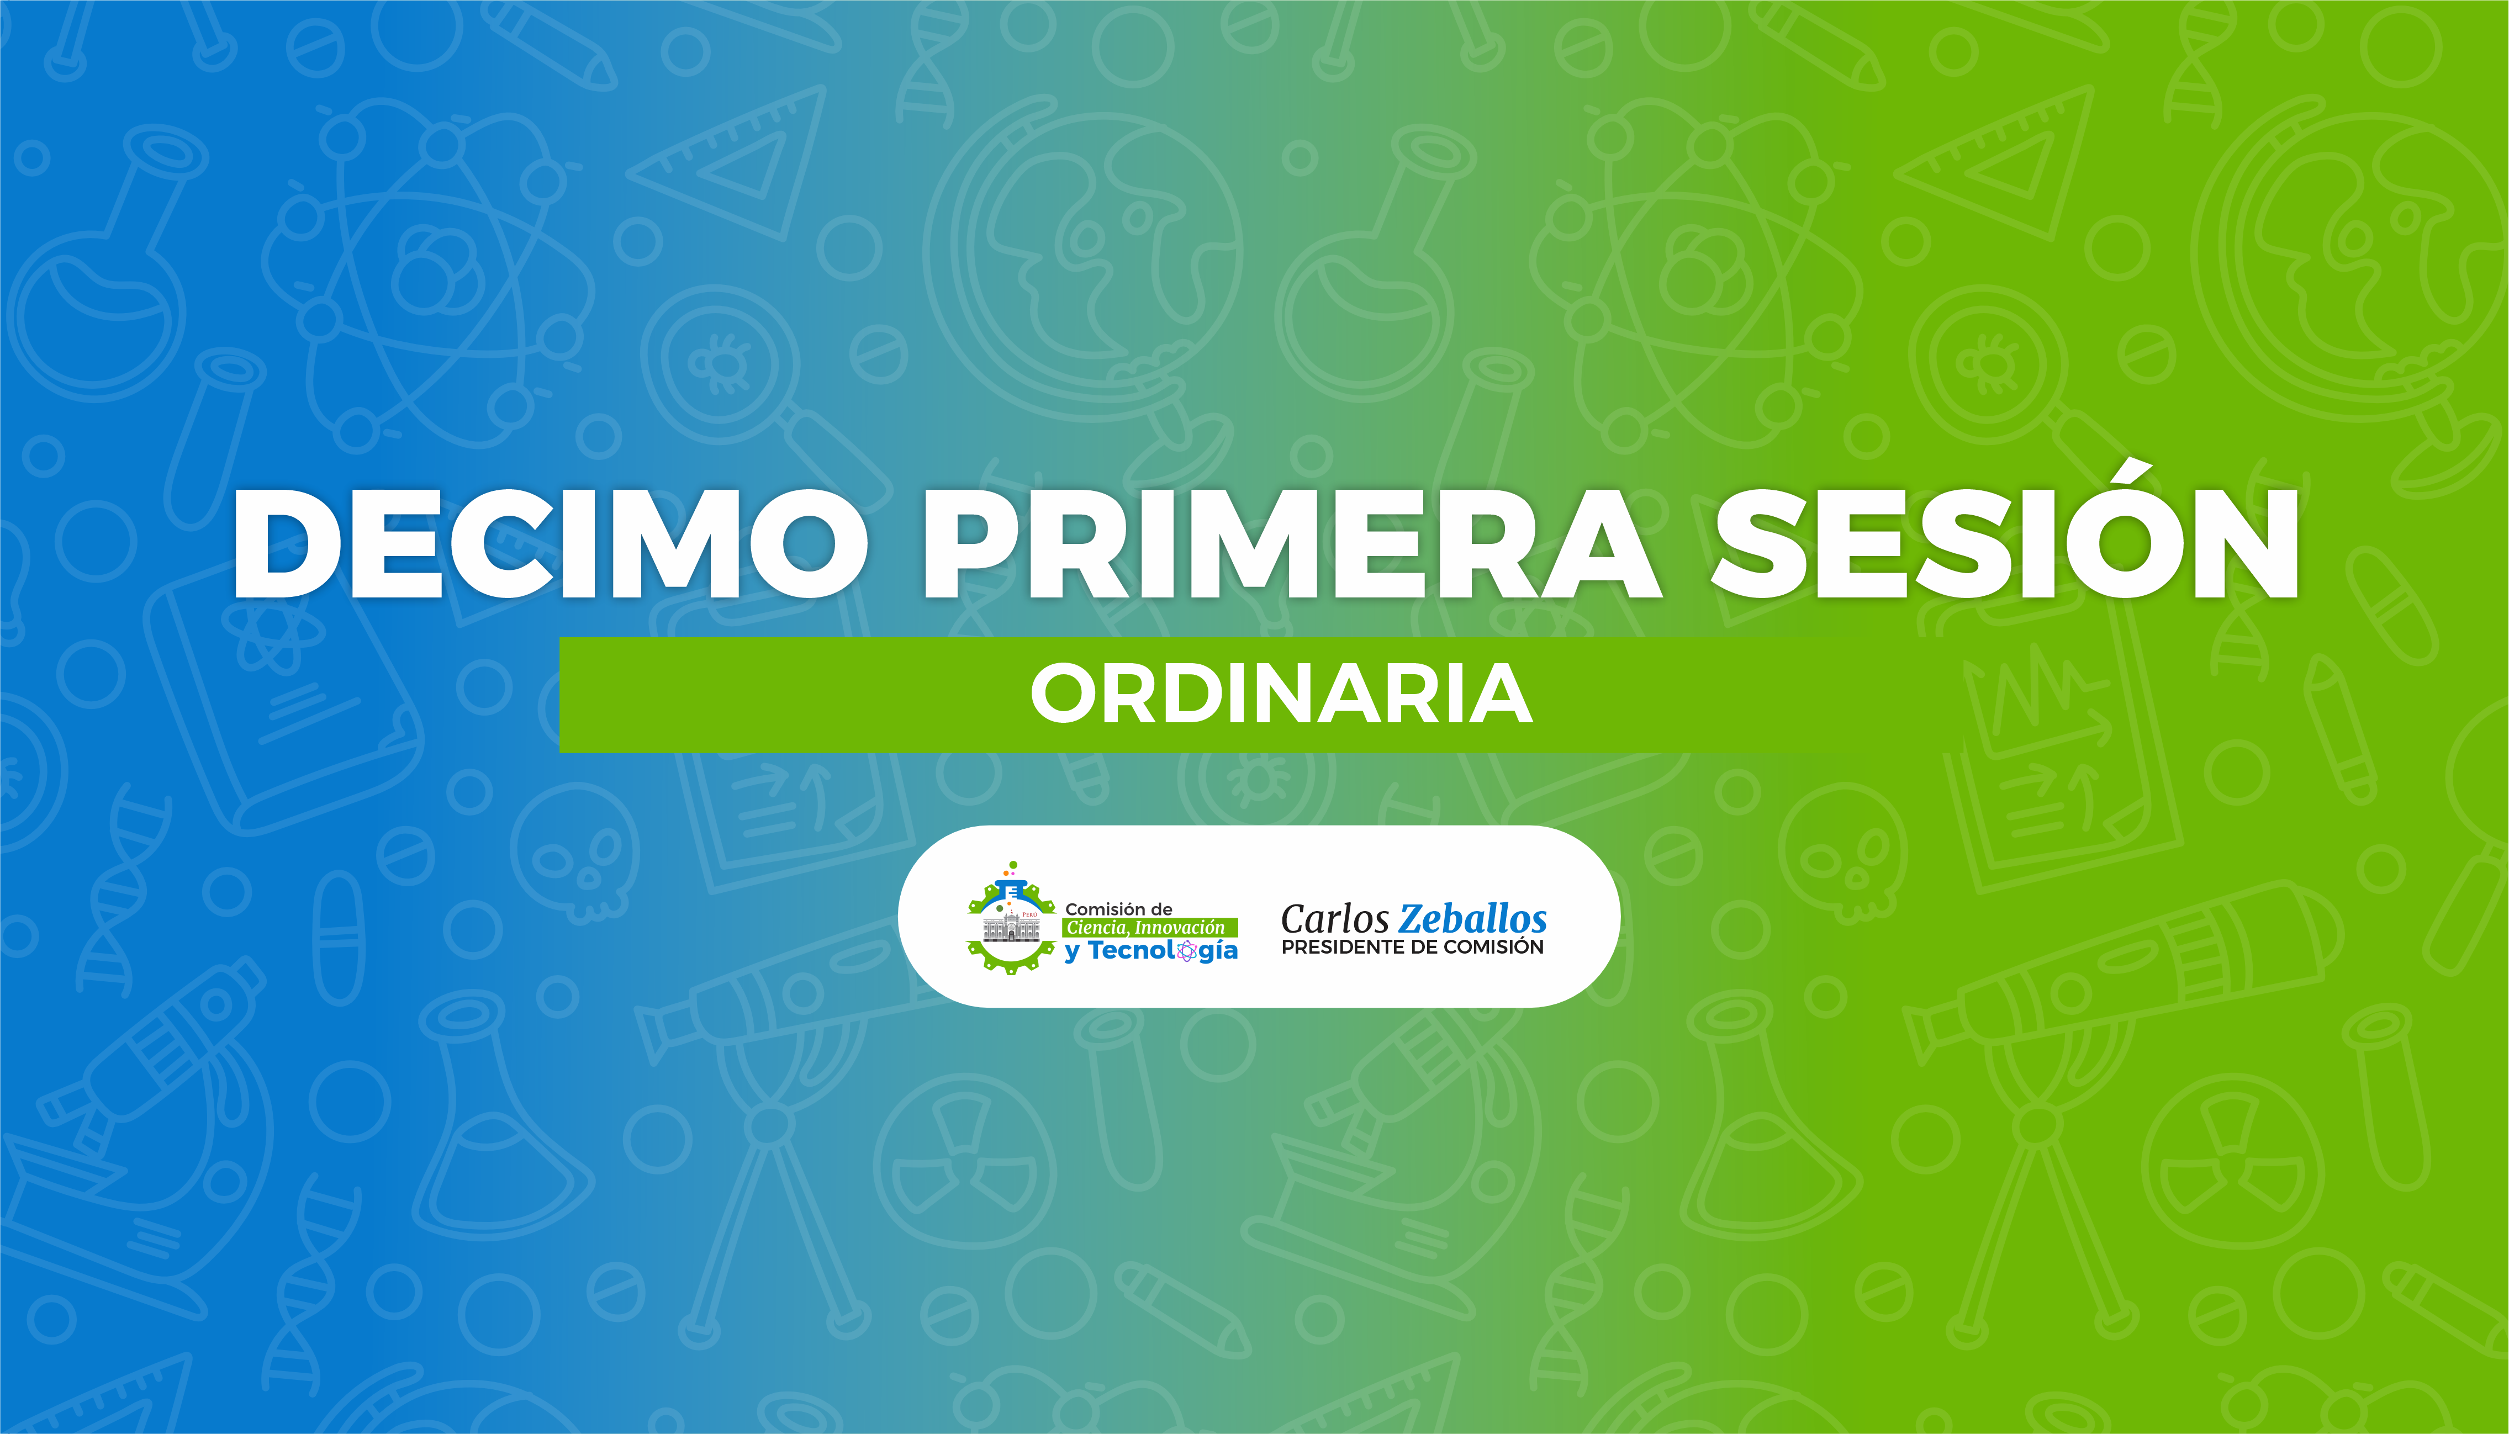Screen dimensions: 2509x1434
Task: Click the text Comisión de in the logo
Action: pyautogui.click(x=1118, y=909)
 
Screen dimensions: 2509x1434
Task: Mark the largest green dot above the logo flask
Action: pyautogui.click(x=1013, y=865)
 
